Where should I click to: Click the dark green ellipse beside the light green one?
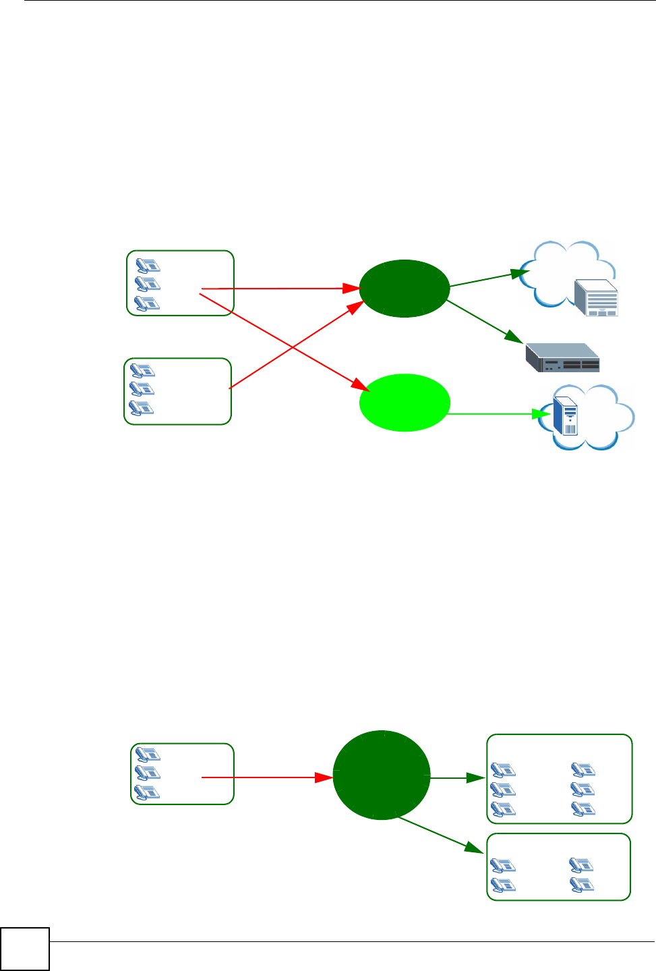(405, 289)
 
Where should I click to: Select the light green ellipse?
(405, 403)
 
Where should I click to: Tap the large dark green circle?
(382, 775)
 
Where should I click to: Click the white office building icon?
(596, 297)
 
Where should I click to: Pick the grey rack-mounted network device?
(562, 357)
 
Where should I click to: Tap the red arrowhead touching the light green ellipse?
(360, 386)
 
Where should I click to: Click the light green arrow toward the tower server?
(492, 413)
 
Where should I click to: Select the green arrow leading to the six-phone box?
(458, 777)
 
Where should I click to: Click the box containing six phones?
(559, 779)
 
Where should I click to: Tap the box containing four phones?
(558, 867)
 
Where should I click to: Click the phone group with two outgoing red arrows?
(179, 283)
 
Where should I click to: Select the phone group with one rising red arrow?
(177, 391)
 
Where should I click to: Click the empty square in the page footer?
(25, 949)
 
